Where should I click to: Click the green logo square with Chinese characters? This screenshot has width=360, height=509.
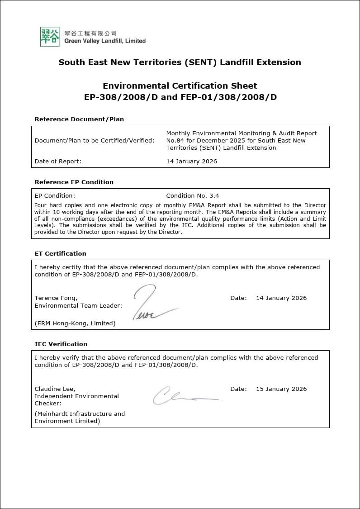[50, 37]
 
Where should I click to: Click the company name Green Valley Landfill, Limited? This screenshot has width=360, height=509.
[105, 41]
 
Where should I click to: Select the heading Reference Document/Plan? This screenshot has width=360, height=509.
[79, 119]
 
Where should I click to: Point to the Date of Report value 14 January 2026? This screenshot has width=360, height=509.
[191, 162]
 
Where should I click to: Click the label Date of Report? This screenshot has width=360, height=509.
[58, 162]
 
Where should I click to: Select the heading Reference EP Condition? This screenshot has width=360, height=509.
[74, 182]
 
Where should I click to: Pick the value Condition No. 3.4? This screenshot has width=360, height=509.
[192, 196]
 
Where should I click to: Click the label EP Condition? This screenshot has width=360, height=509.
[55, 196]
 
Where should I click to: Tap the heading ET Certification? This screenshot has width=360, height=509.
[60, 254]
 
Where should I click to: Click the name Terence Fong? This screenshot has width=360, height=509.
[56, 298]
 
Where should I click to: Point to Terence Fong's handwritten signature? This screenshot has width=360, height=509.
[152, 303]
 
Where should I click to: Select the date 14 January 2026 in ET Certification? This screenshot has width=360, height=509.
[281, 298]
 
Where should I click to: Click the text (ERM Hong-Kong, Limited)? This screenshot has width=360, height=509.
[75, 323]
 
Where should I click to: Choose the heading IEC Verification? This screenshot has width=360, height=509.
[61, 344]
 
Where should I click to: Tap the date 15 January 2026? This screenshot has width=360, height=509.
[281, 389]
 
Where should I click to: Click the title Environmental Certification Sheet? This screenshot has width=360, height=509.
[180, 86]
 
